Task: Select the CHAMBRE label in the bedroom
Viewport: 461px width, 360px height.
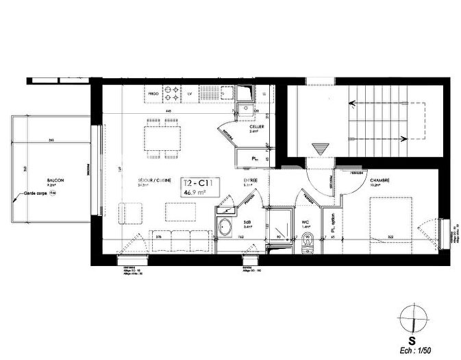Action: pyautogui.click(x=380, y=181)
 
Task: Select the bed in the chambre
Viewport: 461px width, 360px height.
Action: pyautogui.click(x=391, y=219)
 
